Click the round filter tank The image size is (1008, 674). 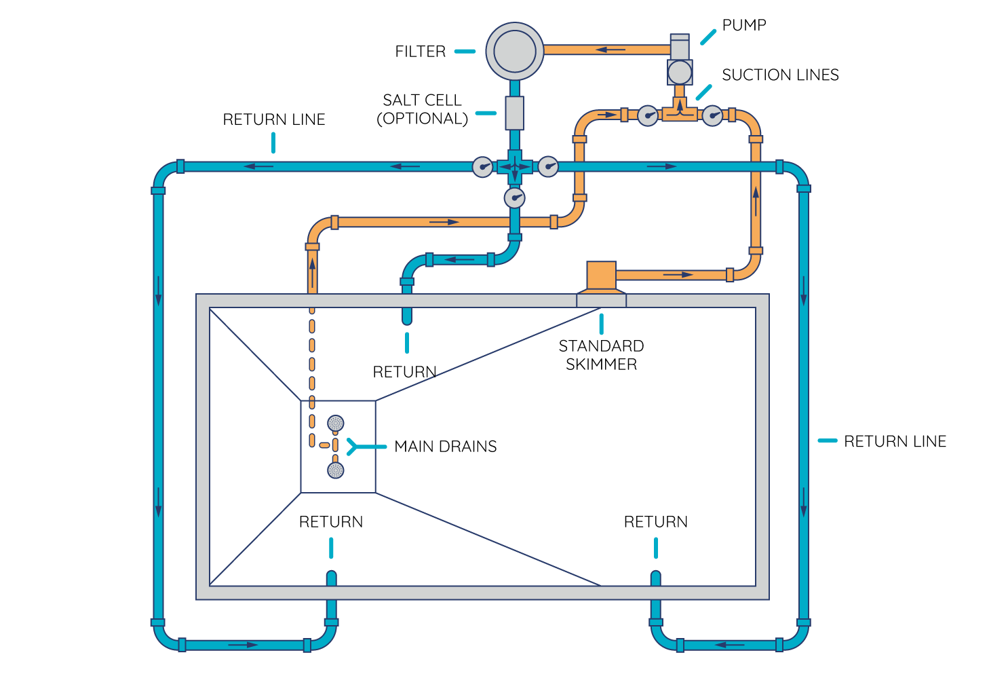click(x=514, y=51)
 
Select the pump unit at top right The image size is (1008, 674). click(x=680, y=61)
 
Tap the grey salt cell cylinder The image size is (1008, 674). click(x=514, y=113)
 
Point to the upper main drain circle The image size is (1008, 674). click(x=336, y=424)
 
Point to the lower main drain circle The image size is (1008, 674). click(x=336, y=470)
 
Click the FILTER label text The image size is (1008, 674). click(x=420, y=52)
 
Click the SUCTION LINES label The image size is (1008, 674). click(x=780, y=75)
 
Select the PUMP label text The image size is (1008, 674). click(x=743, y=25)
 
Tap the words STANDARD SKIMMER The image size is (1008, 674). click(x=601, y=355)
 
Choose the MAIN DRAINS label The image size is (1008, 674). click(x=445, y=447)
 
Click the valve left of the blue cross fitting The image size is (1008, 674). click(x=482, y=166)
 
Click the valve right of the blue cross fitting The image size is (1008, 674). click(x=547, y=166)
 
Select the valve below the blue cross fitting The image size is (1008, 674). click(x=514, y=198)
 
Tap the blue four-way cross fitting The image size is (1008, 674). click(x=514, y=166)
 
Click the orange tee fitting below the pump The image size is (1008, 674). click(x=680, y=112)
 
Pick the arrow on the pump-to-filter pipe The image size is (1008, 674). click(x=610, y=50)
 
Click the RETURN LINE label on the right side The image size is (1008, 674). click(x=894, y=441)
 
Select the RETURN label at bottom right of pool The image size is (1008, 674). click(x=655, y=522)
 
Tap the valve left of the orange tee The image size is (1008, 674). click(x=648, y=115)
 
